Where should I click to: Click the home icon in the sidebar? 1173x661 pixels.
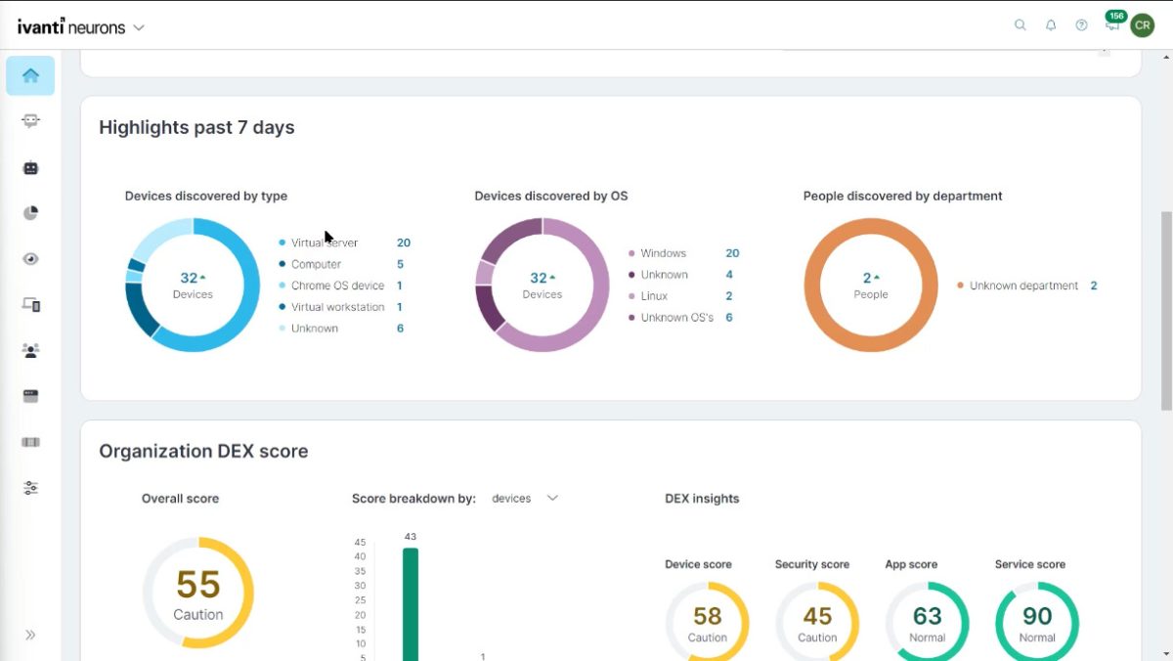(x=30, y=75)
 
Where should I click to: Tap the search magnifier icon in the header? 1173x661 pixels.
(x=1021, y=25)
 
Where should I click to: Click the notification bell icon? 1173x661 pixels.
(x=1051, y=25)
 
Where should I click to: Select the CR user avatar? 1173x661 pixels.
(x=1142, y=25)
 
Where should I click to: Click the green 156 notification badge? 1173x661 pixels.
(x=1115, y=16)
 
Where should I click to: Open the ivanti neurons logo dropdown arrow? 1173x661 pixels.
(x=139, y=27)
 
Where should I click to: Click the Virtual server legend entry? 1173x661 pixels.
(x=324, y=242)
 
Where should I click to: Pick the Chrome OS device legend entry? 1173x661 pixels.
(x=337, y=286)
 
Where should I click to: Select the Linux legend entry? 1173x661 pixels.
(x=654, y=296)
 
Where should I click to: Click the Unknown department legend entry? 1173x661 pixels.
(x=1023, y=286)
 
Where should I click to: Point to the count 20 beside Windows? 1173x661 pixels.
(x=732, y=253)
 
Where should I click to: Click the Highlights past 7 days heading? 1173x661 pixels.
(x=196, y=127)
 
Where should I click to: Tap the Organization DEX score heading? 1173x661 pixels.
(x=203, y=452)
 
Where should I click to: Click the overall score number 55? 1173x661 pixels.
(x=198, y=585)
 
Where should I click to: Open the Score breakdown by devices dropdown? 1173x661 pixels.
(x=525, y=499)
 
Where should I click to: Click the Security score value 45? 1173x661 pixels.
(x=817, y=616)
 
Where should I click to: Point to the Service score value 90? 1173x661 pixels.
(x=1037, y=616)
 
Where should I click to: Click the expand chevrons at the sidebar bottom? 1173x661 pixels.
(x=30, y=635)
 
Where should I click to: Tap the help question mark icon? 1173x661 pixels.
(x=1081, y=25)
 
